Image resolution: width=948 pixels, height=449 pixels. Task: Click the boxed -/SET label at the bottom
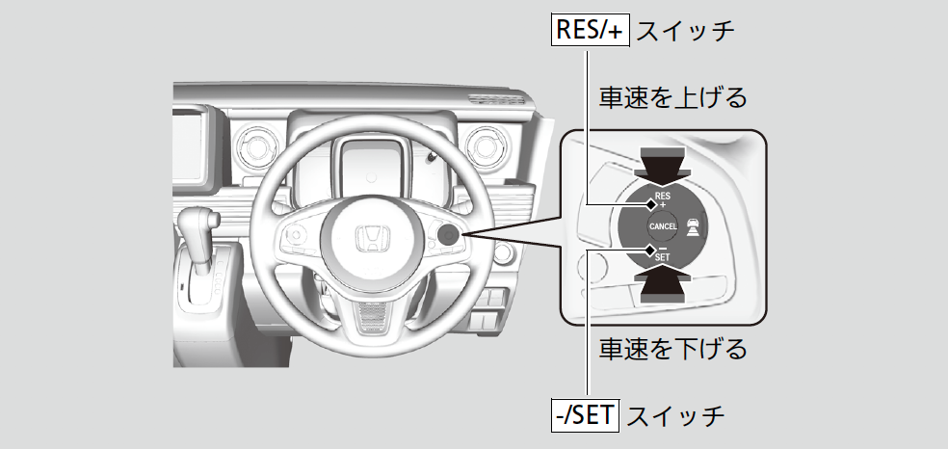(x=580, y=416)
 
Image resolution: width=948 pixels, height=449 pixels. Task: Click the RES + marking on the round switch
(x=662, y=200)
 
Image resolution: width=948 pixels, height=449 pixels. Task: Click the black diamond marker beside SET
(x=649, y=251)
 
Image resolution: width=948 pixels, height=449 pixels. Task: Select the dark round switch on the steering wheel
(x=447, y=235)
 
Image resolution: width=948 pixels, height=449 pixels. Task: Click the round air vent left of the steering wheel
(x=257, y=145)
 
